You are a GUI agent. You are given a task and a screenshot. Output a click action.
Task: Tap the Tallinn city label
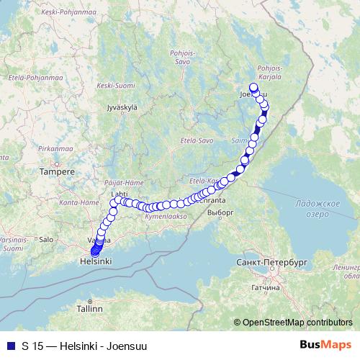(x=91, y=308)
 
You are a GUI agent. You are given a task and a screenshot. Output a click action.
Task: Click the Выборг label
(x=220, y=213)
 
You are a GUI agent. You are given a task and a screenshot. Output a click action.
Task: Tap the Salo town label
(x=46, y=239)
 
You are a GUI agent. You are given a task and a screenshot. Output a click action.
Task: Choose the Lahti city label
(x=119, y=194)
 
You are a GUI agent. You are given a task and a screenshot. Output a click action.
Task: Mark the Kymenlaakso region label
(x=166, y=215)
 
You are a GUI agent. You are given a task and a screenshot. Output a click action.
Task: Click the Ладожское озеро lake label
(x=317, y=210)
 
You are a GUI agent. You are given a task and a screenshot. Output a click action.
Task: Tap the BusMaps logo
(x=329, y=346)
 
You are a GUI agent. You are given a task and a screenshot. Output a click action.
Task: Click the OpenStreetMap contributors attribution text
(x=297, y=322)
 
